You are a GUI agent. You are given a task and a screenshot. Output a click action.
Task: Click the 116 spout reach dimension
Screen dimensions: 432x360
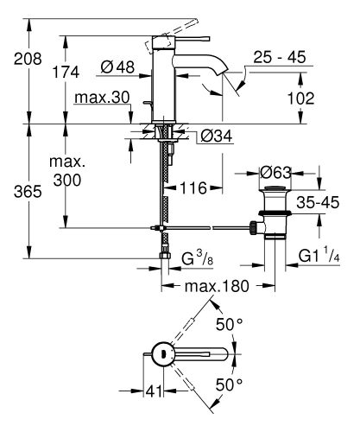pos(193,187)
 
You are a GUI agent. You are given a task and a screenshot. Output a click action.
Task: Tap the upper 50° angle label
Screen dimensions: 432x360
pos(225,324)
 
